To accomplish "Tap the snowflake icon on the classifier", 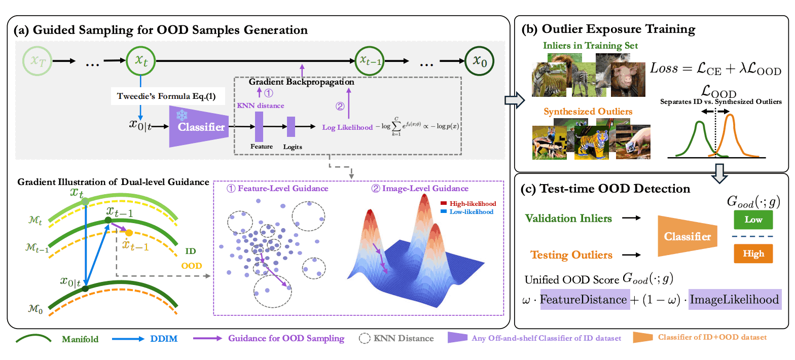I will point(181,115).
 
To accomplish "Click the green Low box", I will point(752,220).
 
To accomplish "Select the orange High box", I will point(752,254).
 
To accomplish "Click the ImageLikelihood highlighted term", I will point(734,300).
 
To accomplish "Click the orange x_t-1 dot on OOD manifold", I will point(129,233).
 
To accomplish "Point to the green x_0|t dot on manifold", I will point(85,289).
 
